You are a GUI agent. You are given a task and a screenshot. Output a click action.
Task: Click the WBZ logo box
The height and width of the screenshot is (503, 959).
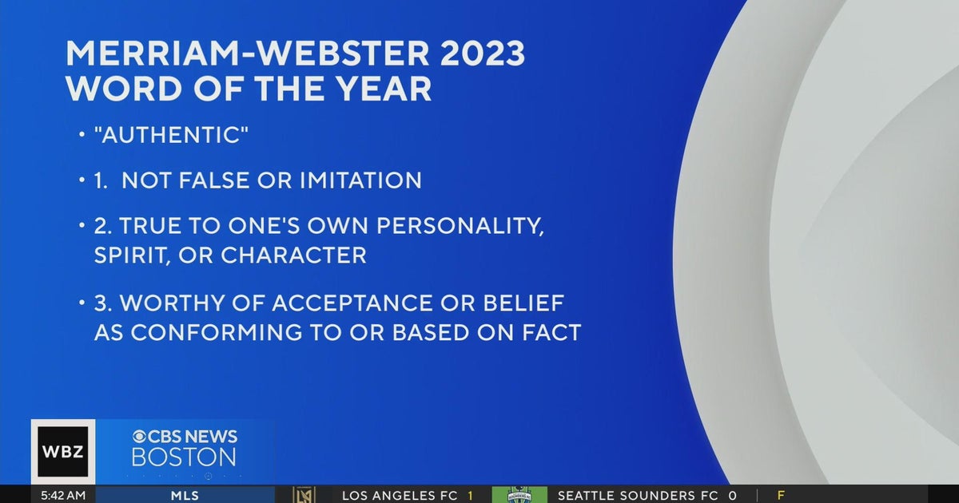tap(63, 452)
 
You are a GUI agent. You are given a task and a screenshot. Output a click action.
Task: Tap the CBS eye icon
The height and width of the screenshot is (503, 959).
tap(140, 437)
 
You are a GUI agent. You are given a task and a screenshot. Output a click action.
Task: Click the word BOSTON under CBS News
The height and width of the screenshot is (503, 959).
tap(184, 457)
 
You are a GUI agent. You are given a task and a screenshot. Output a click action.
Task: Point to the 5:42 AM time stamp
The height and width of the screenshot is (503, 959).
tap(62, 496)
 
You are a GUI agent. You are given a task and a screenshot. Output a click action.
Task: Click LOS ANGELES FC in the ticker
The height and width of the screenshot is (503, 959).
tap(399, 496)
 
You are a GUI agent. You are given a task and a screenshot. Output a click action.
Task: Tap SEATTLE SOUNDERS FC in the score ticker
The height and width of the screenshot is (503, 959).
tap(638, 496)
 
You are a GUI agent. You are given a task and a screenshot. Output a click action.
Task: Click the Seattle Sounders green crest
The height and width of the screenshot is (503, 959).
tap(519, 495)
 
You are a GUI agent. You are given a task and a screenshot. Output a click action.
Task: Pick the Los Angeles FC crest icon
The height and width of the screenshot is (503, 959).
tap(304, 495)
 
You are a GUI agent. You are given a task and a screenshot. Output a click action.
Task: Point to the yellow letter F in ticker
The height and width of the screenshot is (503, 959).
tap(781, 496)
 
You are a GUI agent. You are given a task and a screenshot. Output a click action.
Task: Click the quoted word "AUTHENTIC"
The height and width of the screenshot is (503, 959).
tap(172, 135)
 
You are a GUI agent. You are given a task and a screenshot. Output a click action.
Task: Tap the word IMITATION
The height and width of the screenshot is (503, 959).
tap(360, 180)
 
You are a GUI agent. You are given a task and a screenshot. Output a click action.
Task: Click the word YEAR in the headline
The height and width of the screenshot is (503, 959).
tap(387, 88)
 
